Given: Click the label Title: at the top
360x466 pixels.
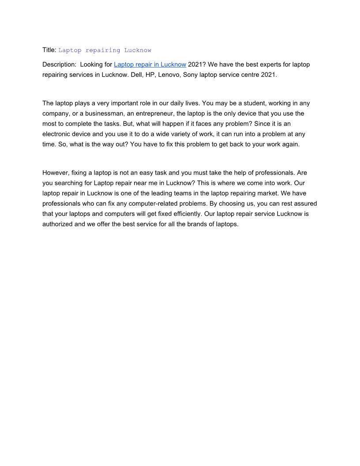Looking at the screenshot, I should [49, 50].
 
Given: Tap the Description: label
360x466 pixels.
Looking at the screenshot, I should [59, 64].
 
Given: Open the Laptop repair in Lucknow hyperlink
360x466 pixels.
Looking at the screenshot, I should [150, 64].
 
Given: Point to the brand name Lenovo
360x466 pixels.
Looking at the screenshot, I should [169, 75].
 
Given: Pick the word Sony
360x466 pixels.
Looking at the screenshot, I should [190, 75].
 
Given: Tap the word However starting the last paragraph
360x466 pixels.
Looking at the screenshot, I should [57, 173].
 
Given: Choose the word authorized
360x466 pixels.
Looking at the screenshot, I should [59, 224].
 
